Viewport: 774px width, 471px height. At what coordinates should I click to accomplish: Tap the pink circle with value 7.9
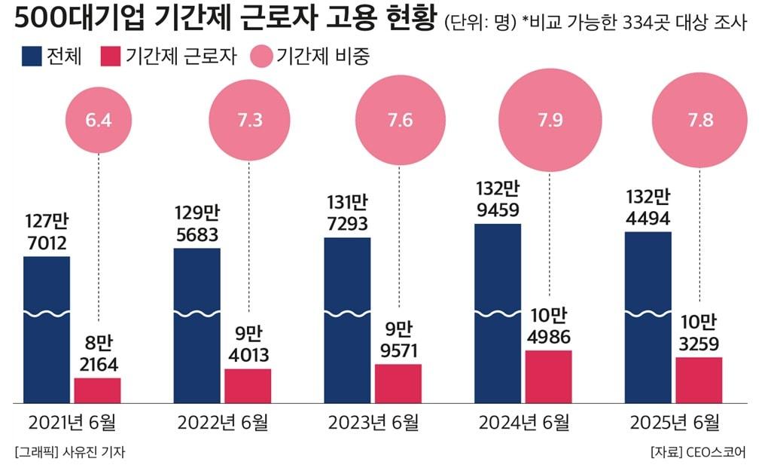[550, 121]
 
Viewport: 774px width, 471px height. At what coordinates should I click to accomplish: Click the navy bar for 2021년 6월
[47, 332]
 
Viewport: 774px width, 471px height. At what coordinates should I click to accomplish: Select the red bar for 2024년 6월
[549, 377]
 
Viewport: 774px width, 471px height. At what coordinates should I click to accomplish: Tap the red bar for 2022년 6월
[248, 386]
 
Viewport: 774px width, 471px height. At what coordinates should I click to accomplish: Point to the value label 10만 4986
[549, 326]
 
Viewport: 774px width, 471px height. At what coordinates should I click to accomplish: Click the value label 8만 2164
[98, 354]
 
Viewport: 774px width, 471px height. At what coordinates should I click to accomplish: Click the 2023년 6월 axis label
[373, 423]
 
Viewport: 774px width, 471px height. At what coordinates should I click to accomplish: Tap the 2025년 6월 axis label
[674, 423]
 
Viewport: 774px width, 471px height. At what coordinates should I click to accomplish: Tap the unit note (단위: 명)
[479, 23]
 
